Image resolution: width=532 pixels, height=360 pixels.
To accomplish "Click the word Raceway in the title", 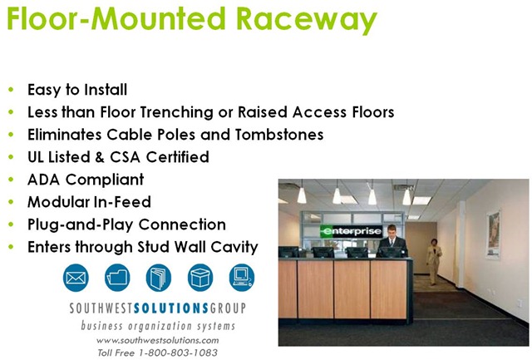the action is click(307, 18).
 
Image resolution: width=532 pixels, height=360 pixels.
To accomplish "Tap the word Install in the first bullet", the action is click(106, 90).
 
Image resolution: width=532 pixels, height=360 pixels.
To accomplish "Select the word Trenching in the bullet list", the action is click(176, 112).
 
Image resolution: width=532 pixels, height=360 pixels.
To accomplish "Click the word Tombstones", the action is click(279, 135).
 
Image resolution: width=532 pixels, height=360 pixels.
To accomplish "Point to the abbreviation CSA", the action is click(125, 157).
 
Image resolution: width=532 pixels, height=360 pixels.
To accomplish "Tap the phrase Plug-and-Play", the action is click(81, 225).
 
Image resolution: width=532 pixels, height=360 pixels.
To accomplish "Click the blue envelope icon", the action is click(76, 278).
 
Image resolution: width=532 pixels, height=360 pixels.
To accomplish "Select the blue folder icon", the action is click(117, 278).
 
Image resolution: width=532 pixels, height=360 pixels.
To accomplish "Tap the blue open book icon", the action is click(159, 278).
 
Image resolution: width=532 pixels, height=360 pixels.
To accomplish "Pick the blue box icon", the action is click(200, 278).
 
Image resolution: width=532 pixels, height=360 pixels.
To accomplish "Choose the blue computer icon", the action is click(242, 278).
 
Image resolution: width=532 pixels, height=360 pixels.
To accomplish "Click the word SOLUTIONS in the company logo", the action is click(171, 308).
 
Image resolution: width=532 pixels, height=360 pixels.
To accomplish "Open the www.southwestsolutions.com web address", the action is click(157, 340).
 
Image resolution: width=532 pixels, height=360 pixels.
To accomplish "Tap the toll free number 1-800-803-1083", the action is click(178, 353).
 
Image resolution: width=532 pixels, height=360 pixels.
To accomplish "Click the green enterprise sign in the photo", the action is click(351, 231).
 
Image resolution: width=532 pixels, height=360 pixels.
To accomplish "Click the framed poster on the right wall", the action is click(493, 234).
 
